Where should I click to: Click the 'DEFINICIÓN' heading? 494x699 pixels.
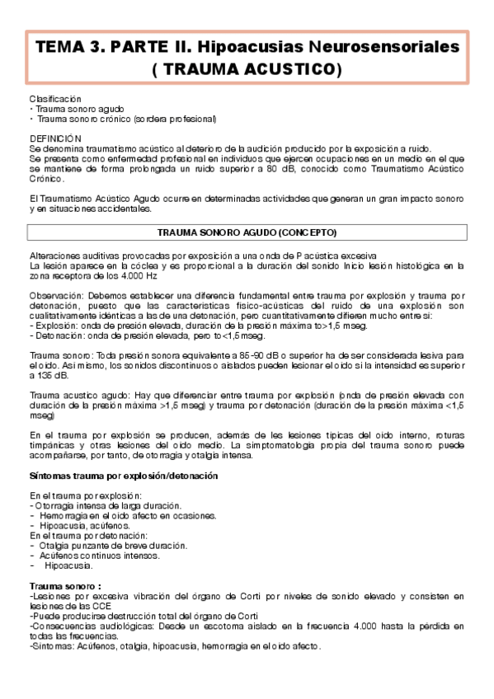pyautogui.click(x=55, y=138)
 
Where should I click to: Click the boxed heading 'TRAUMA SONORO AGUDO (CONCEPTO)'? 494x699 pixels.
pyautogui.click(x=247, y=232)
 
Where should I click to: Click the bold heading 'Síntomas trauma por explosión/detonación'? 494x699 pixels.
pyautogui.click(x=123, y=476)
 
